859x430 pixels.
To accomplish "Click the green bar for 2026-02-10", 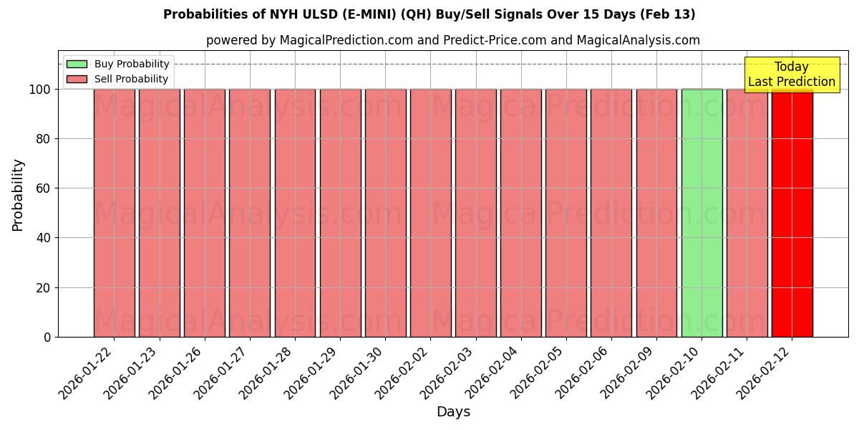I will [702, 213].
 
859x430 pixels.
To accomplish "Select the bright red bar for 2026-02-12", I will [792, 213].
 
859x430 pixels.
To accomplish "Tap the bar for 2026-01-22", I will [114, 213].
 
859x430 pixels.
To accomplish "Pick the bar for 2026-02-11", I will [747, 213].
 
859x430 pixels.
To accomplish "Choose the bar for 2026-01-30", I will [385, 213].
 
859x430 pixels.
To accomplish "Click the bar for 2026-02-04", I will [520, 213].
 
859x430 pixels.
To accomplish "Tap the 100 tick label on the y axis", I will [39, 90].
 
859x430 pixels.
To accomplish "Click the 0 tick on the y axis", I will [47, 337].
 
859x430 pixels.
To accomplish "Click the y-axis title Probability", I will [18, 195].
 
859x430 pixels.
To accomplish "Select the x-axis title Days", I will [453, 412].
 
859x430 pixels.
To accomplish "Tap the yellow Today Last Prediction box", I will [792, 75].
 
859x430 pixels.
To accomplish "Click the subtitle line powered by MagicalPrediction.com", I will [453, 40].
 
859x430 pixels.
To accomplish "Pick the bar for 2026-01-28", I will [295, 213].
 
